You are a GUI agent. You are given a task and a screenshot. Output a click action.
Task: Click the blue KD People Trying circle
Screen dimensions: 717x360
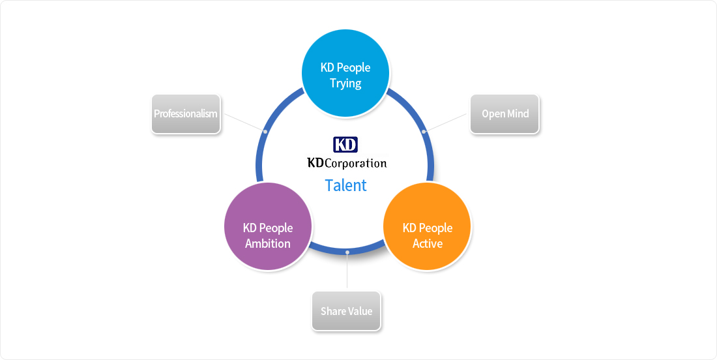coord(345,73)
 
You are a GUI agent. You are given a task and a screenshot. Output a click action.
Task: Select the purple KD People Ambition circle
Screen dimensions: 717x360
coord(268,226)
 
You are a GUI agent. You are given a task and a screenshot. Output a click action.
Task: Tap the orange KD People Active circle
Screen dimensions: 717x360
coord(427,226)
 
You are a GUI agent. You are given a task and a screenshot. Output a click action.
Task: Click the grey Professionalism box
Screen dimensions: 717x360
coord(186,114)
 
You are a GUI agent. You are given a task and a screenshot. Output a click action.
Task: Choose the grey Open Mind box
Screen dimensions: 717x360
coord(505,114)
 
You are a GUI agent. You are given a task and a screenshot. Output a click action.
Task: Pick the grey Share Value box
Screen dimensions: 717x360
coord(346,310)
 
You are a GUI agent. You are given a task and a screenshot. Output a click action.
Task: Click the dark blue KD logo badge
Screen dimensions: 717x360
coord(345,145)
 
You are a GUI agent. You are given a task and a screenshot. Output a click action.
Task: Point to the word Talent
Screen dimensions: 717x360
coord(345,185)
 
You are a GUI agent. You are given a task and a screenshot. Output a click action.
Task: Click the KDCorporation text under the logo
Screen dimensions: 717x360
coord(347,163)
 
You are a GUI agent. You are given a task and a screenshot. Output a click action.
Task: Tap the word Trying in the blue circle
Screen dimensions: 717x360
coord(345,83)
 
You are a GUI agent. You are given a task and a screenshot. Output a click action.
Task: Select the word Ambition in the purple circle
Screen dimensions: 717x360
coord(268,243)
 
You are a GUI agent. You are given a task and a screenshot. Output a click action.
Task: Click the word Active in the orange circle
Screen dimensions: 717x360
coord(428,243)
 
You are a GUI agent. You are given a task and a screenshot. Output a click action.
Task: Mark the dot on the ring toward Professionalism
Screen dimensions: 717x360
coord(265,131)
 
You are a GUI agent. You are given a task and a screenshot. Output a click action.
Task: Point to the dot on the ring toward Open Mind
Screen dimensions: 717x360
coord(424,131)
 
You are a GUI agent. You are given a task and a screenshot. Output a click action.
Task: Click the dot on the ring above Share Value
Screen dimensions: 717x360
coord(347,252)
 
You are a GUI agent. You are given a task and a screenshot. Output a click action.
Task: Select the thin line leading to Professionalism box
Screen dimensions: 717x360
coord(244,123)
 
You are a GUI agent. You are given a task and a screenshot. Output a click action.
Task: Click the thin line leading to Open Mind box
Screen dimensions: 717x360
coord(445,123)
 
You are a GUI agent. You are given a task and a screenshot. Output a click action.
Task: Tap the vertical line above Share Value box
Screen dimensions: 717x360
coord(347,270)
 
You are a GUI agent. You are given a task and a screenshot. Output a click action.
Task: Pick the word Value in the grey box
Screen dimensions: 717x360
coord(360,311)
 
